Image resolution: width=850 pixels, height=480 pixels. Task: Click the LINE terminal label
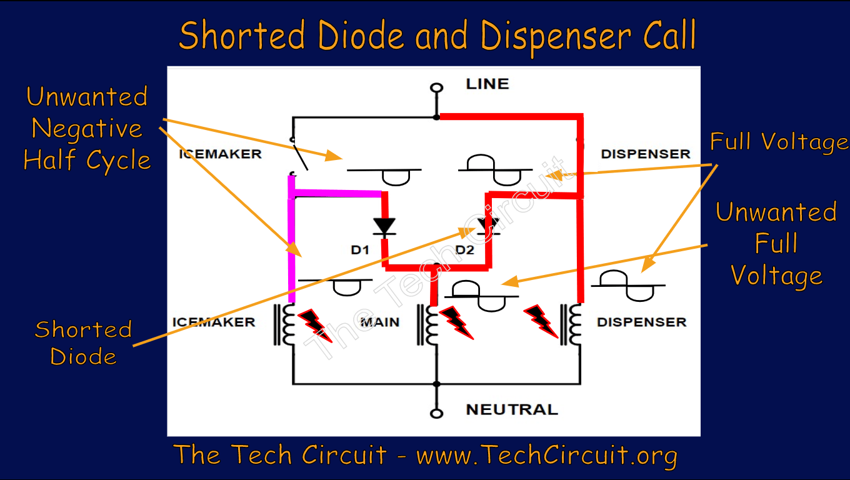(x=487, y=84)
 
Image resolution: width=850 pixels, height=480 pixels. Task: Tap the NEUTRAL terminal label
(x=511, y=410)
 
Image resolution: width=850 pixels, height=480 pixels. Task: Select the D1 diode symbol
(x=384, y=226)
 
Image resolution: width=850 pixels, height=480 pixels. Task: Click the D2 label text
(x=465, y=251)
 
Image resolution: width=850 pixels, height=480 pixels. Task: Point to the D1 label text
(x=360, y=251)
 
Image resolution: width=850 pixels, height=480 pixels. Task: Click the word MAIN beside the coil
(x=379, y=322)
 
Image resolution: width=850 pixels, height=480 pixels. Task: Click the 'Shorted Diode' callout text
(x=83, y=342)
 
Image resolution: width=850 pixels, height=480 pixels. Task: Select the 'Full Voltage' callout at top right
(x=779, y=142)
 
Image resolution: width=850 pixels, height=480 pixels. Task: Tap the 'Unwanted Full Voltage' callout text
(x=776, y=244)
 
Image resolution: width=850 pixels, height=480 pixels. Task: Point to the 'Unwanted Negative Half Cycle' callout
(x=87, y=129)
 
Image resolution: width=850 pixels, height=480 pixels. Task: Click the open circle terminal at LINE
(x=437, y=87)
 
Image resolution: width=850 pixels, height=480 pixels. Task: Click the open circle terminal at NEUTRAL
(x=437, y=413)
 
